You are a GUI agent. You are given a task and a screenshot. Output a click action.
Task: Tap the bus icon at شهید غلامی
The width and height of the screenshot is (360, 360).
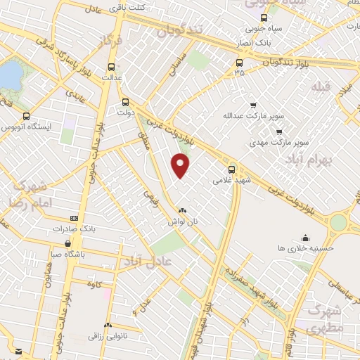[x=232, y=169]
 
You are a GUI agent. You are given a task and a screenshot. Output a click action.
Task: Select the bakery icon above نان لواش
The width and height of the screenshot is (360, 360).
[x=183, y=210]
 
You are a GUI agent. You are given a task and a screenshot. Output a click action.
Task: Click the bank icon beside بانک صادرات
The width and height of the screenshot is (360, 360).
[x=75, y=219]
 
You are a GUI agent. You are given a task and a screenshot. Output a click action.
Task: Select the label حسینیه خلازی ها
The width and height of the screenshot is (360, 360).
[x=305, y=247]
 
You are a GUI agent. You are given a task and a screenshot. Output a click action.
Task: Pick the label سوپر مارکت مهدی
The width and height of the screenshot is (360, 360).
[x=281, y=142]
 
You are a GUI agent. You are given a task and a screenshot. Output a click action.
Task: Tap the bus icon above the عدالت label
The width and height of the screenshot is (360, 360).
[x=111, y=67]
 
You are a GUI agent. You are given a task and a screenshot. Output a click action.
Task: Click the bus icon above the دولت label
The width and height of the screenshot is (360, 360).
[x=125, y=100]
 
